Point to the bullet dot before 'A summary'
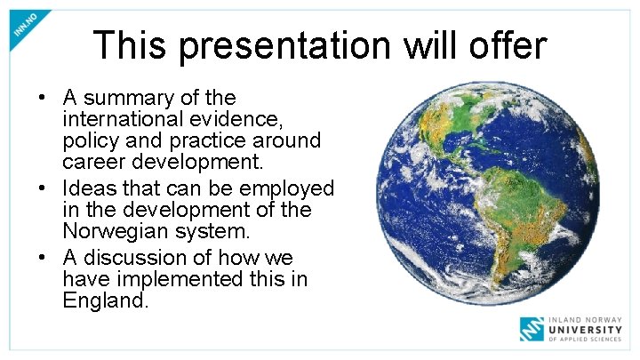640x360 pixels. [42, 97]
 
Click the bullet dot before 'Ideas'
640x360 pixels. [42, 189]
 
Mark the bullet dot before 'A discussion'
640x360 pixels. [42, 259]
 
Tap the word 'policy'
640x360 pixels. [93, 141]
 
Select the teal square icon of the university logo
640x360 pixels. [532, 327]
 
